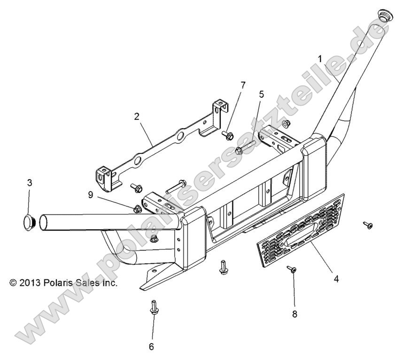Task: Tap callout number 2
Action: pyautogui.click(x=137, y=116)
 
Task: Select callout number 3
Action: pyautogui.click(x=29, y=183)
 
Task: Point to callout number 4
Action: pyautogui.click(x=336, y=279)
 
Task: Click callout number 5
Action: pyautogui.click(x=261, y=94)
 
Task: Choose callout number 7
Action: pyautogui.click(x=242, y=85)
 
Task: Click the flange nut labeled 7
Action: pyautogui.click(x=228, y=135)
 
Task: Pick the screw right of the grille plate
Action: pyautogui.click(x=368, y=225)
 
